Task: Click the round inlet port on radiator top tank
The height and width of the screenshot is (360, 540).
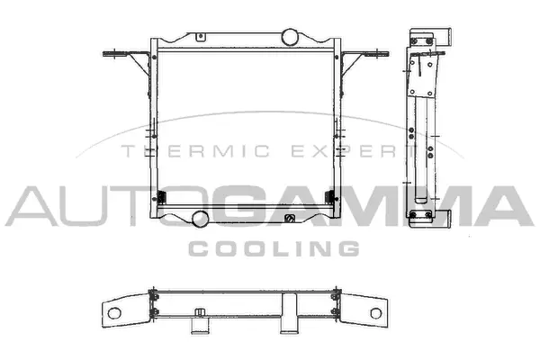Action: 291,37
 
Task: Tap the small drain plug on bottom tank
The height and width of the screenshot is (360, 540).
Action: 290,219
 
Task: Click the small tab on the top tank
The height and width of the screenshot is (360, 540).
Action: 200,37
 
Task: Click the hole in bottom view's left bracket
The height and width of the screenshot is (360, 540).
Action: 116,312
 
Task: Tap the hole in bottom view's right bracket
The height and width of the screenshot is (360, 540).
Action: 374,312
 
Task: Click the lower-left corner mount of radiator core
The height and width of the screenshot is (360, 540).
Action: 161,199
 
